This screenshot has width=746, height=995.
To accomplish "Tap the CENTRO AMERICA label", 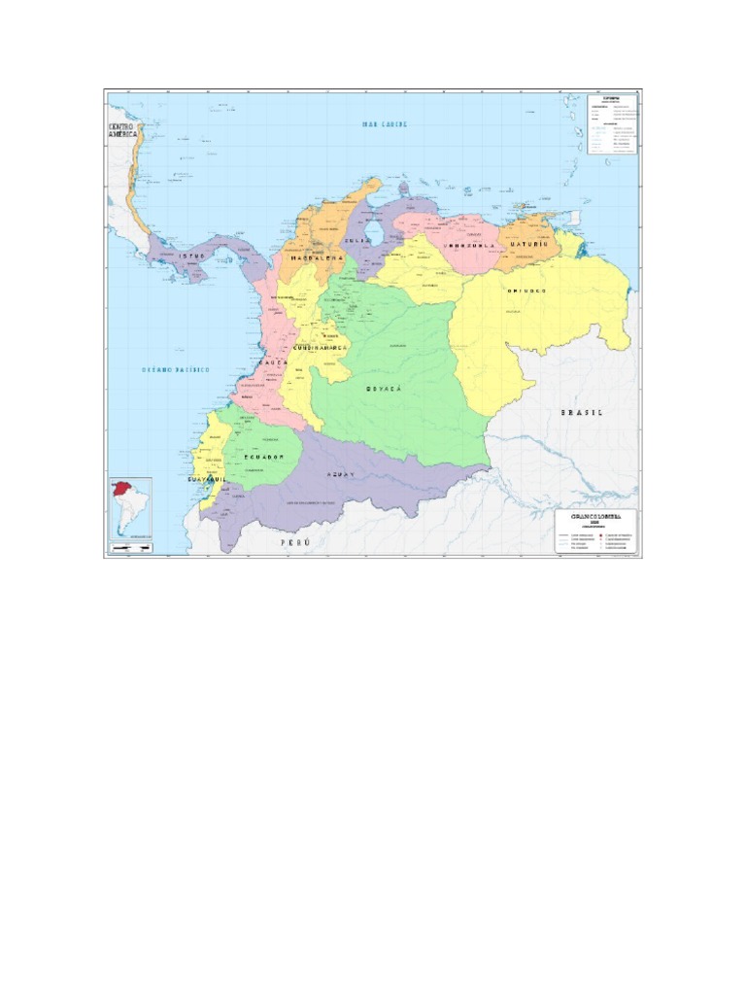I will [123, 133].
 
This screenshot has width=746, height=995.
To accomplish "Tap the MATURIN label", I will [529, 245].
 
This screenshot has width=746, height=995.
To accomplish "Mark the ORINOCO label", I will [526, 291].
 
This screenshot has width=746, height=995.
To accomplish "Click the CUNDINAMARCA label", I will [321, 347].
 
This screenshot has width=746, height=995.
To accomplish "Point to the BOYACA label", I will [384, 388].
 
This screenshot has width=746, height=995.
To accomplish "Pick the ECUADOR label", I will [262, 456].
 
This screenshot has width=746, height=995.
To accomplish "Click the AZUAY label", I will [339, 473].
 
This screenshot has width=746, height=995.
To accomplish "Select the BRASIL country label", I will [581, 412].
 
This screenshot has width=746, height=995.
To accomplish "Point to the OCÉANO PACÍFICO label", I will [176, 370].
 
